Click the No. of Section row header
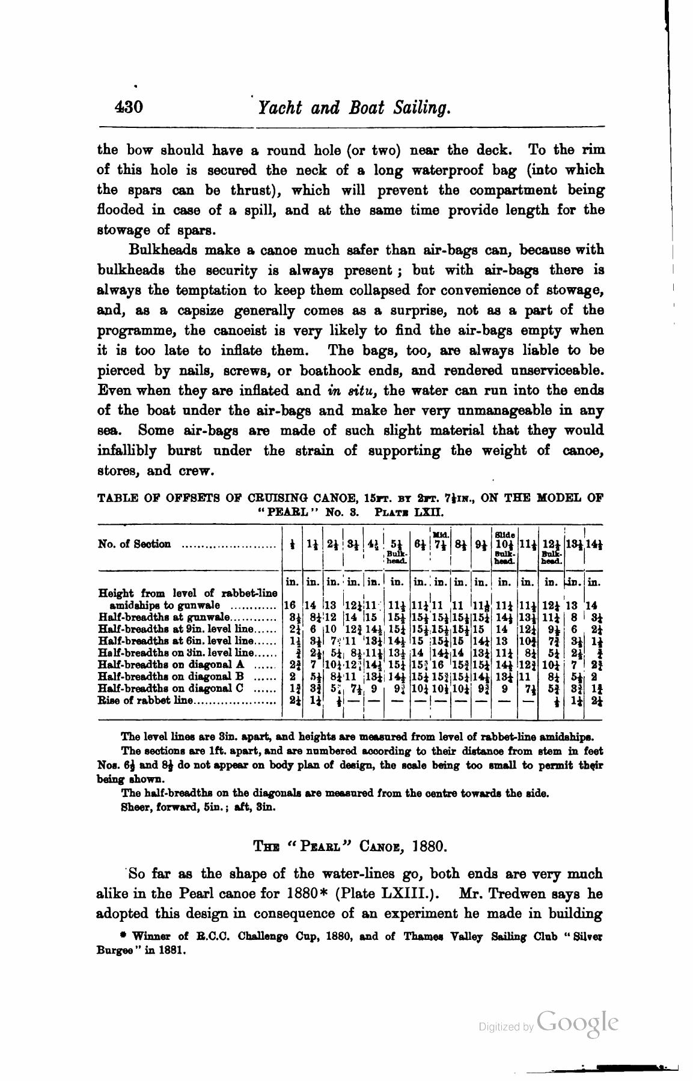(135, 544)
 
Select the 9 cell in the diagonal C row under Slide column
(504, 688)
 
